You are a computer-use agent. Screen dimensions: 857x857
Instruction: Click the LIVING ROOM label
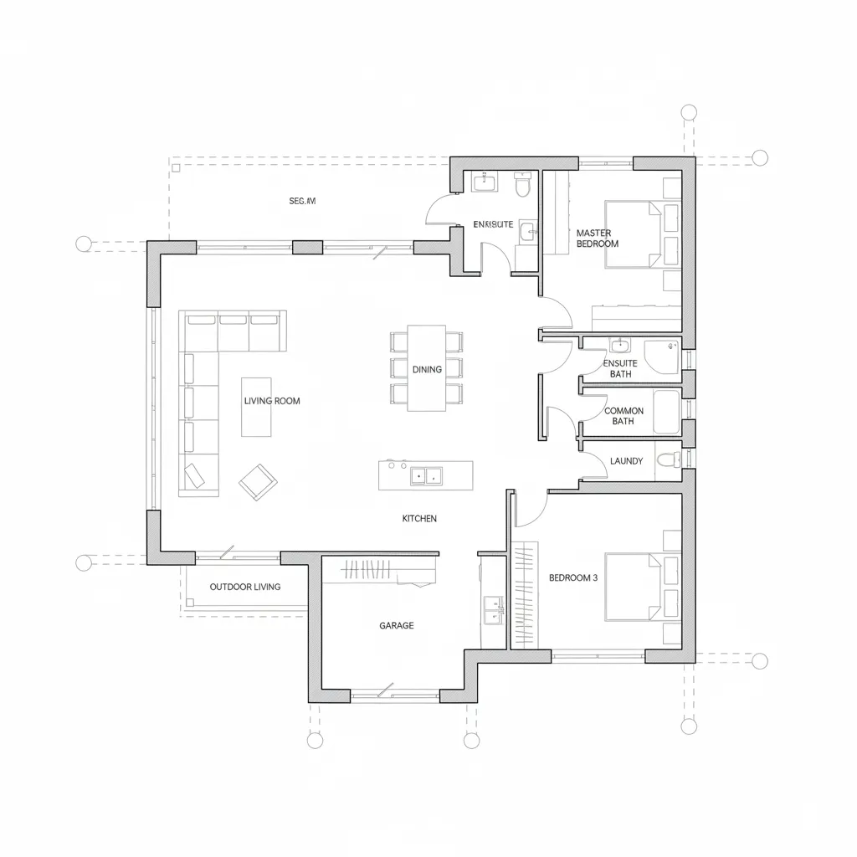pos(272,401)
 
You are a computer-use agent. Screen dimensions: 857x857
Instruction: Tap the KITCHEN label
pos(419,519)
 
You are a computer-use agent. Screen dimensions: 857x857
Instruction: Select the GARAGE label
pos(396,625)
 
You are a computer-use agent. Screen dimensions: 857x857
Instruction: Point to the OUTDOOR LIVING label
pos(245,587)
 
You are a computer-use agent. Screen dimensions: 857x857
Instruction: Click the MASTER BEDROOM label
pos(597,239)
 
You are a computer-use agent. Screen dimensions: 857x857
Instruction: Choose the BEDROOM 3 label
pos(573,577)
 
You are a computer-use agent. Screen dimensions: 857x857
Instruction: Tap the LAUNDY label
pos(627,461)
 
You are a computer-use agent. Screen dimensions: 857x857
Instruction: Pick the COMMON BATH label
pos(624,416)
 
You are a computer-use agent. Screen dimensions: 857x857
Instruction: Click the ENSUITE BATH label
pos(620,368)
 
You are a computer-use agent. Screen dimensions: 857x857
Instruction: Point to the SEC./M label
pos(302,201)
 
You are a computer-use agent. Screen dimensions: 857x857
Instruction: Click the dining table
pos(427,368)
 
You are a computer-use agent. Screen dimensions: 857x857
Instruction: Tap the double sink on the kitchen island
pos(427,476)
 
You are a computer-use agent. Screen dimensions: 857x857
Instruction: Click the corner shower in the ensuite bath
pos(667,356)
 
